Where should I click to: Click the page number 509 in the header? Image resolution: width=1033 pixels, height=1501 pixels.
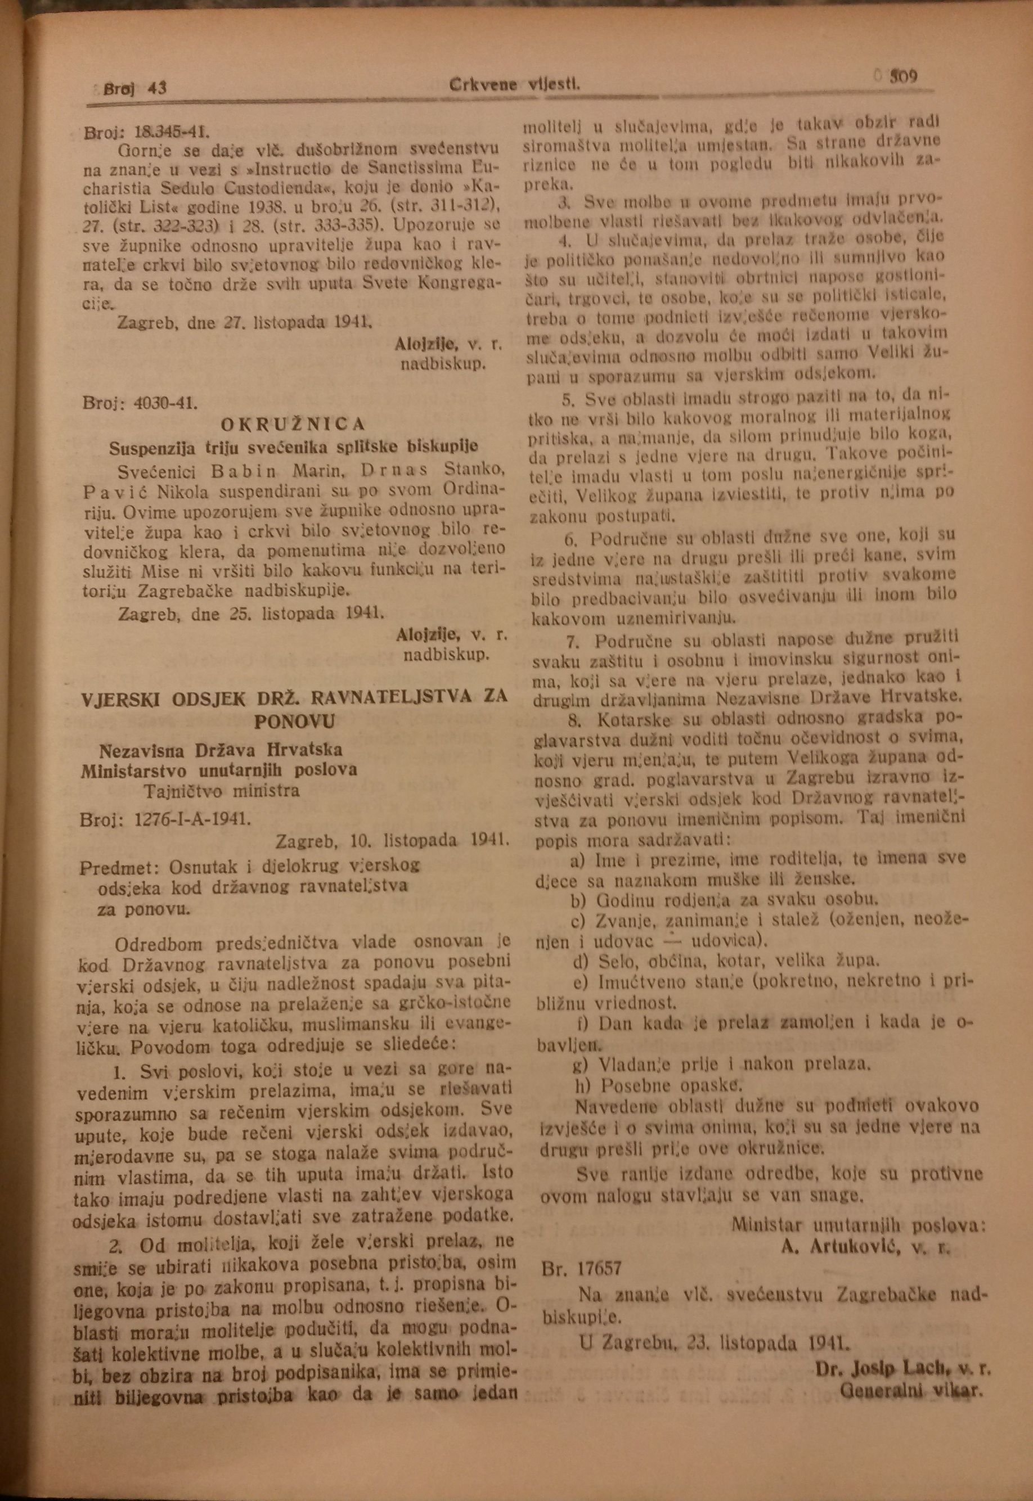[x=903, y=77]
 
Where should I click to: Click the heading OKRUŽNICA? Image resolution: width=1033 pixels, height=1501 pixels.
[x=294, y=425]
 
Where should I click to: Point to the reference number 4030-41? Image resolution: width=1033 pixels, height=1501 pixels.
[x=165, y=403]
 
